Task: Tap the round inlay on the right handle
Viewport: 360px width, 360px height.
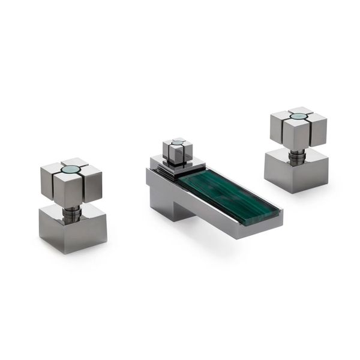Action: (x=298, y=116)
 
